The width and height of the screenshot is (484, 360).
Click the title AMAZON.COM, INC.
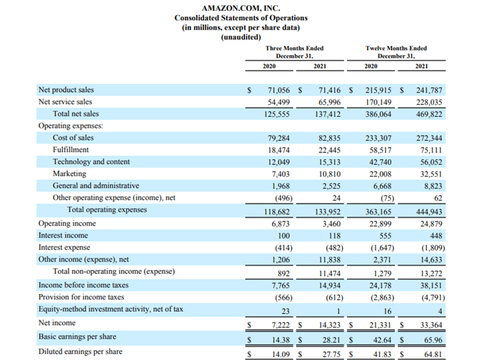(241, 8)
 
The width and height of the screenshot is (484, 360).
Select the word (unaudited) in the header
(241, 37)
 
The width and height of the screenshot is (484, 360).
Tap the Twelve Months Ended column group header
(396, 52)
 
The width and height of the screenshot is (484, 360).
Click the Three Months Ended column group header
(295, 52)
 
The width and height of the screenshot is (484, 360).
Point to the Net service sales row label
(65, 102)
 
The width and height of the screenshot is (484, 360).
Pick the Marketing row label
(69, 174)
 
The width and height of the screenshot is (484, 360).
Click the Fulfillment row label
(70, 150)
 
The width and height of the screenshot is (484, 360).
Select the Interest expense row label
(64, 248)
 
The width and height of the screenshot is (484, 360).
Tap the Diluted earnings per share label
(81, 352)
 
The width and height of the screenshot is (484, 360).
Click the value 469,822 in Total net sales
(429, 114)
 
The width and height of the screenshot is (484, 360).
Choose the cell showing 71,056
(279, 91)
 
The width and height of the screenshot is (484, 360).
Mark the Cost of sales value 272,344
(429, 138)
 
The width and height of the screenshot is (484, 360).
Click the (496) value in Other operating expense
(284, 198)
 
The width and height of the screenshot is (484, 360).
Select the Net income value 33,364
(431, 325)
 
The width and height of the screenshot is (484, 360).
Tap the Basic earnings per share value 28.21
(331, 340)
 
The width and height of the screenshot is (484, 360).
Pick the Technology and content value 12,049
(279, 162)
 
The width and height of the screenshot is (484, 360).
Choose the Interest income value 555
(385, 236)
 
